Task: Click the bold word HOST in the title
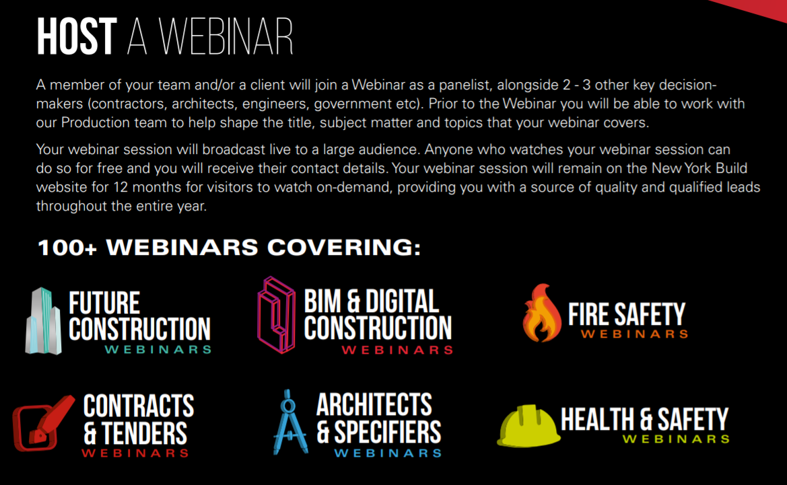[x=77, y=36]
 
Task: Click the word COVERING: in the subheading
[x=344, y=248]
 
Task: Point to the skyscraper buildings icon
[x=44, y=321]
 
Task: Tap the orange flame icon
[x=541, y=313]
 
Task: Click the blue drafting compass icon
[x=289, y=422]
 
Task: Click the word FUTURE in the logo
[x=104, y=303]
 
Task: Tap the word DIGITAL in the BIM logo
[x=402, y=301]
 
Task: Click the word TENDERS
[x=144, y=433]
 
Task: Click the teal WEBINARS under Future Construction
[x=158, y=350]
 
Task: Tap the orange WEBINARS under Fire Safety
[x=634, y=334]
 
